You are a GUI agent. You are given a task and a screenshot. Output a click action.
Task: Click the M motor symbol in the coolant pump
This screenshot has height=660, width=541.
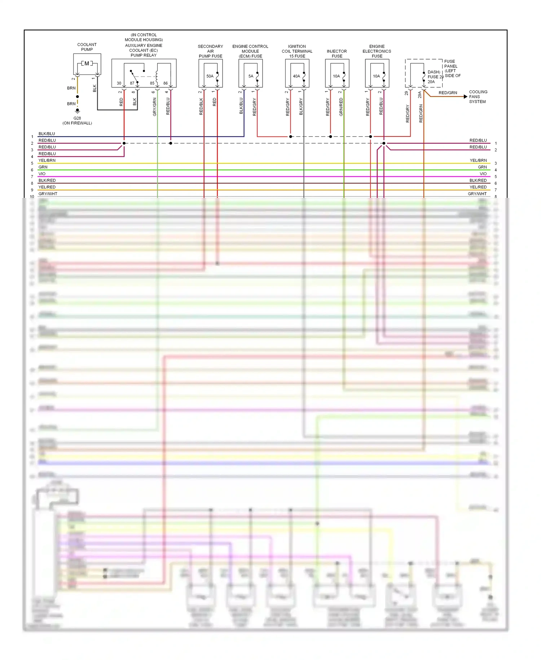(87, 64)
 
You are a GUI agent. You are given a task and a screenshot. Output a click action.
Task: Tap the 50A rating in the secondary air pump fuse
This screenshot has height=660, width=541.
(210, 76)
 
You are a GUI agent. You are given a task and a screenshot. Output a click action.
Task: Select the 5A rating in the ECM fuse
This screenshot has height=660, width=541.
(251, 76)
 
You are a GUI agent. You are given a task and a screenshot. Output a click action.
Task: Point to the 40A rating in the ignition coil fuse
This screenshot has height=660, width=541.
(296, 76)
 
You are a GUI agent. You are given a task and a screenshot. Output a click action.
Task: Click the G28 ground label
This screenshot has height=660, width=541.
(77, 118)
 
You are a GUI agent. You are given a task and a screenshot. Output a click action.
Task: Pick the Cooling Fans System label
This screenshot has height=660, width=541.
(478, 97)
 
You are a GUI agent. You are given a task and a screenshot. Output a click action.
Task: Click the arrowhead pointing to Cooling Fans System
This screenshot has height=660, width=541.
(466, 96)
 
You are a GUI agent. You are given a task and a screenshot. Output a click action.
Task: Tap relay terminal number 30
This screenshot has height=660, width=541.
(119, 83)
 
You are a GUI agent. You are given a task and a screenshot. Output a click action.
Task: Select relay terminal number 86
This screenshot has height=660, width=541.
(166, 83)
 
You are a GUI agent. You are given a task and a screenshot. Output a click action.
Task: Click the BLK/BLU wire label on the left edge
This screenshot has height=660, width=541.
(47, 134)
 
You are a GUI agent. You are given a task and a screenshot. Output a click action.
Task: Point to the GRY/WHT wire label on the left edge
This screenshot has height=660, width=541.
(48, 194)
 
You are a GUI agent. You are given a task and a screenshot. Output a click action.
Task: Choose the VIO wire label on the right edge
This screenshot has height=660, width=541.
(483, 174)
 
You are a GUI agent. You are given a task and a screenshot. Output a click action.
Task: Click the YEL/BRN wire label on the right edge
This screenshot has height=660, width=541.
(478, 160)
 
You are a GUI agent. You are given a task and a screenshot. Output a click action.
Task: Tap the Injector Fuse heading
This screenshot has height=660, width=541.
(337, 54)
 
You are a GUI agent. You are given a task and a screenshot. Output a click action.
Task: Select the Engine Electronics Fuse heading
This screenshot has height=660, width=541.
(377, 51)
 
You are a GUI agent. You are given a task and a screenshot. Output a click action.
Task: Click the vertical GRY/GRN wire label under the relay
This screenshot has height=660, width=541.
(155, 107)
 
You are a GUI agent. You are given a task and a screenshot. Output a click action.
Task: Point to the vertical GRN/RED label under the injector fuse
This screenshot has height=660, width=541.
(341, 107)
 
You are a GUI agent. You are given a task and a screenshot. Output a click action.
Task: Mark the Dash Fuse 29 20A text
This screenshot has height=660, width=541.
(434, 77)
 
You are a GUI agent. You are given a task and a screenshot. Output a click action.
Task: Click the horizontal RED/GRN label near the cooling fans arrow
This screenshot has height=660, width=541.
(448, 93)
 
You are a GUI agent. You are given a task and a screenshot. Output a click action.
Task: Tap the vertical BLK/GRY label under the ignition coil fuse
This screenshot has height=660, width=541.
(301, 107)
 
